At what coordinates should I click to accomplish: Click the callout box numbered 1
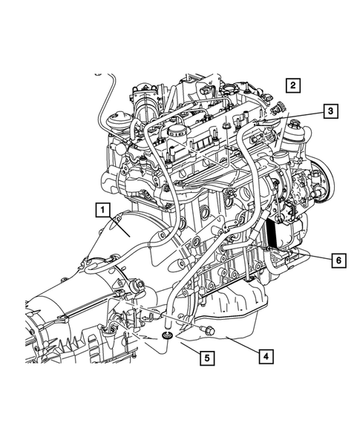103,210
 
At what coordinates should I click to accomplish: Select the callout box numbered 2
292,85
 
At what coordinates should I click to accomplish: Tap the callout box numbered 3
331,111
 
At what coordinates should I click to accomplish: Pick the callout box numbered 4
266,356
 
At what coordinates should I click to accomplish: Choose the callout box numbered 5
207,358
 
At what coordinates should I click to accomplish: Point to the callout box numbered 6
338,260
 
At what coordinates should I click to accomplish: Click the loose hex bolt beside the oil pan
208,331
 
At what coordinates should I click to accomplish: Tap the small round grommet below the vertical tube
167,336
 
